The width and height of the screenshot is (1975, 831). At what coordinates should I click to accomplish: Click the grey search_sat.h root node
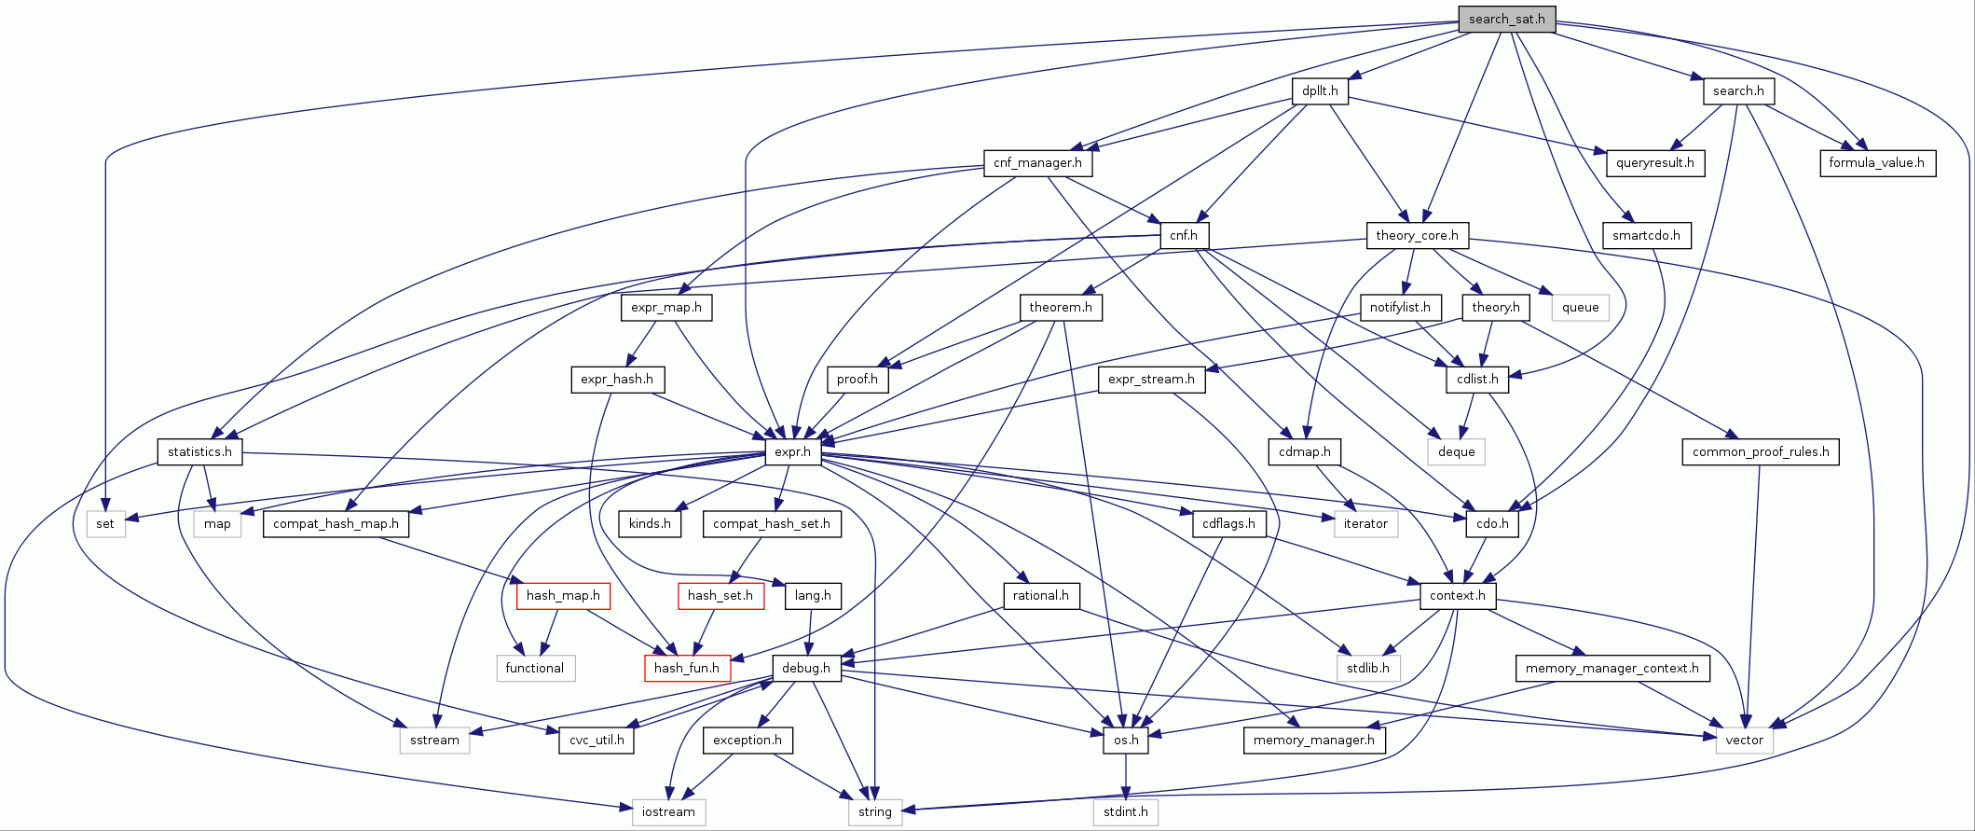tap(1506, 19)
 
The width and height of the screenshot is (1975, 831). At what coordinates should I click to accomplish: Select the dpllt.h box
tap(1320, 90)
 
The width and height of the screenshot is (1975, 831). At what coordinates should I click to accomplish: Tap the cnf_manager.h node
tap(1037, 162)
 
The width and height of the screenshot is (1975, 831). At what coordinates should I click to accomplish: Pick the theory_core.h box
tap(1417, 235)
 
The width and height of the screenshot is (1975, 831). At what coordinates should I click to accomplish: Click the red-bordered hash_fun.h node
tap(687, 668)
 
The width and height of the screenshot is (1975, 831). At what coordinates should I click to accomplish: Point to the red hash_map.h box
tap(563, 595)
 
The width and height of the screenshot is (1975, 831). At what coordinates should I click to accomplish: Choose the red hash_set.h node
tap(720, 595)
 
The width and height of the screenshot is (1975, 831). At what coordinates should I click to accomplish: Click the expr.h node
tap(792, 451)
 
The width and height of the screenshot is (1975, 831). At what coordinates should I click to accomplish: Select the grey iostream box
tap(668, 811)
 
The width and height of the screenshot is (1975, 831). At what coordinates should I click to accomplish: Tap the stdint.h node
tap(1125, 811)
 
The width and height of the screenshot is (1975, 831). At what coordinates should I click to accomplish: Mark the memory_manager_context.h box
tap(1612, 668)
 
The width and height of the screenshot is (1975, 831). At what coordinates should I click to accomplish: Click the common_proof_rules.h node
tap(1760, 451)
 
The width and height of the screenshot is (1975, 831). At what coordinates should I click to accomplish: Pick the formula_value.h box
tap(1876, 162)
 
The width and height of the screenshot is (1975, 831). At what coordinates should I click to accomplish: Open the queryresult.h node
tap(1654, 162)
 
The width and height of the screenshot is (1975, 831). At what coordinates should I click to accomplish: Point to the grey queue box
tap(1580, 307)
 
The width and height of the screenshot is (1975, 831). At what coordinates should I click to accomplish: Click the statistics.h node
tap(199, 451)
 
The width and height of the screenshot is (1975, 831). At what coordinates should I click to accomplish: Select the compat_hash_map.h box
tap(336, 523)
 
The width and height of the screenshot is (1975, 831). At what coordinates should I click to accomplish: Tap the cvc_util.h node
tap(597, 740)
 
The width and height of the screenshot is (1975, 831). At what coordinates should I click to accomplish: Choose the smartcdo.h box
tap(1646, 235)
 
